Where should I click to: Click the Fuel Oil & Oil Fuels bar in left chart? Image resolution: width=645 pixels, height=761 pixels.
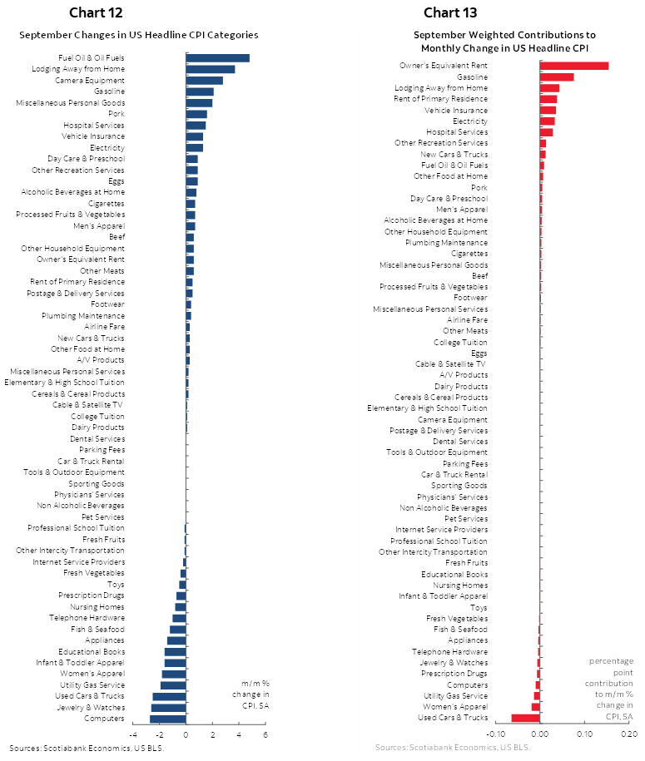click(217, 58)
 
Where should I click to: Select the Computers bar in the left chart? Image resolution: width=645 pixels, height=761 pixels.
click(167, 719)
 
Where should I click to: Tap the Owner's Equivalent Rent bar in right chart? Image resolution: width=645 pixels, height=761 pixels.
click(574, 66)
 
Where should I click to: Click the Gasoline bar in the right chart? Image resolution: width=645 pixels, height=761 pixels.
click(557, 77)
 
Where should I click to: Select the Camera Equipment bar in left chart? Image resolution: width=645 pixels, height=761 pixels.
click(204, 81)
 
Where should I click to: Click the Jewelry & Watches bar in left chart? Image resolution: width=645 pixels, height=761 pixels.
click(168, 708)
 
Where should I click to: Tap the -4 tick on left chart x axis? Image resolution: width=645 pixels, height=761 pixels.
click(133, 735)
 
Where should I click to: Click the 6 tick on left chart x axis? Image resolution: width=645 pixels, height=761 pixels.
click(265, 735)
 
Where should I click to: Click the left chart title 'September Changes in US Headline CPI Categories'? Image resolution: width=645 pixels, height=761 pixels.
click(138, 35)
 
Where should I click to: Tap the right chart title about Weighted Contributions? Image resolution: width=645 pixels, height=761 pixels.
click(505, 41)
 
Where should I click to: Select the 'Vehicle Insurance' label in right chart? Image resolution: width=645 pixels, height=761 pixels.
click(456, 110)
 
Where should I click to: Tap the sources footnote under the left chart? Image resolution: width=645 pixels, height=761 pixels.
click(87, 748)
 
